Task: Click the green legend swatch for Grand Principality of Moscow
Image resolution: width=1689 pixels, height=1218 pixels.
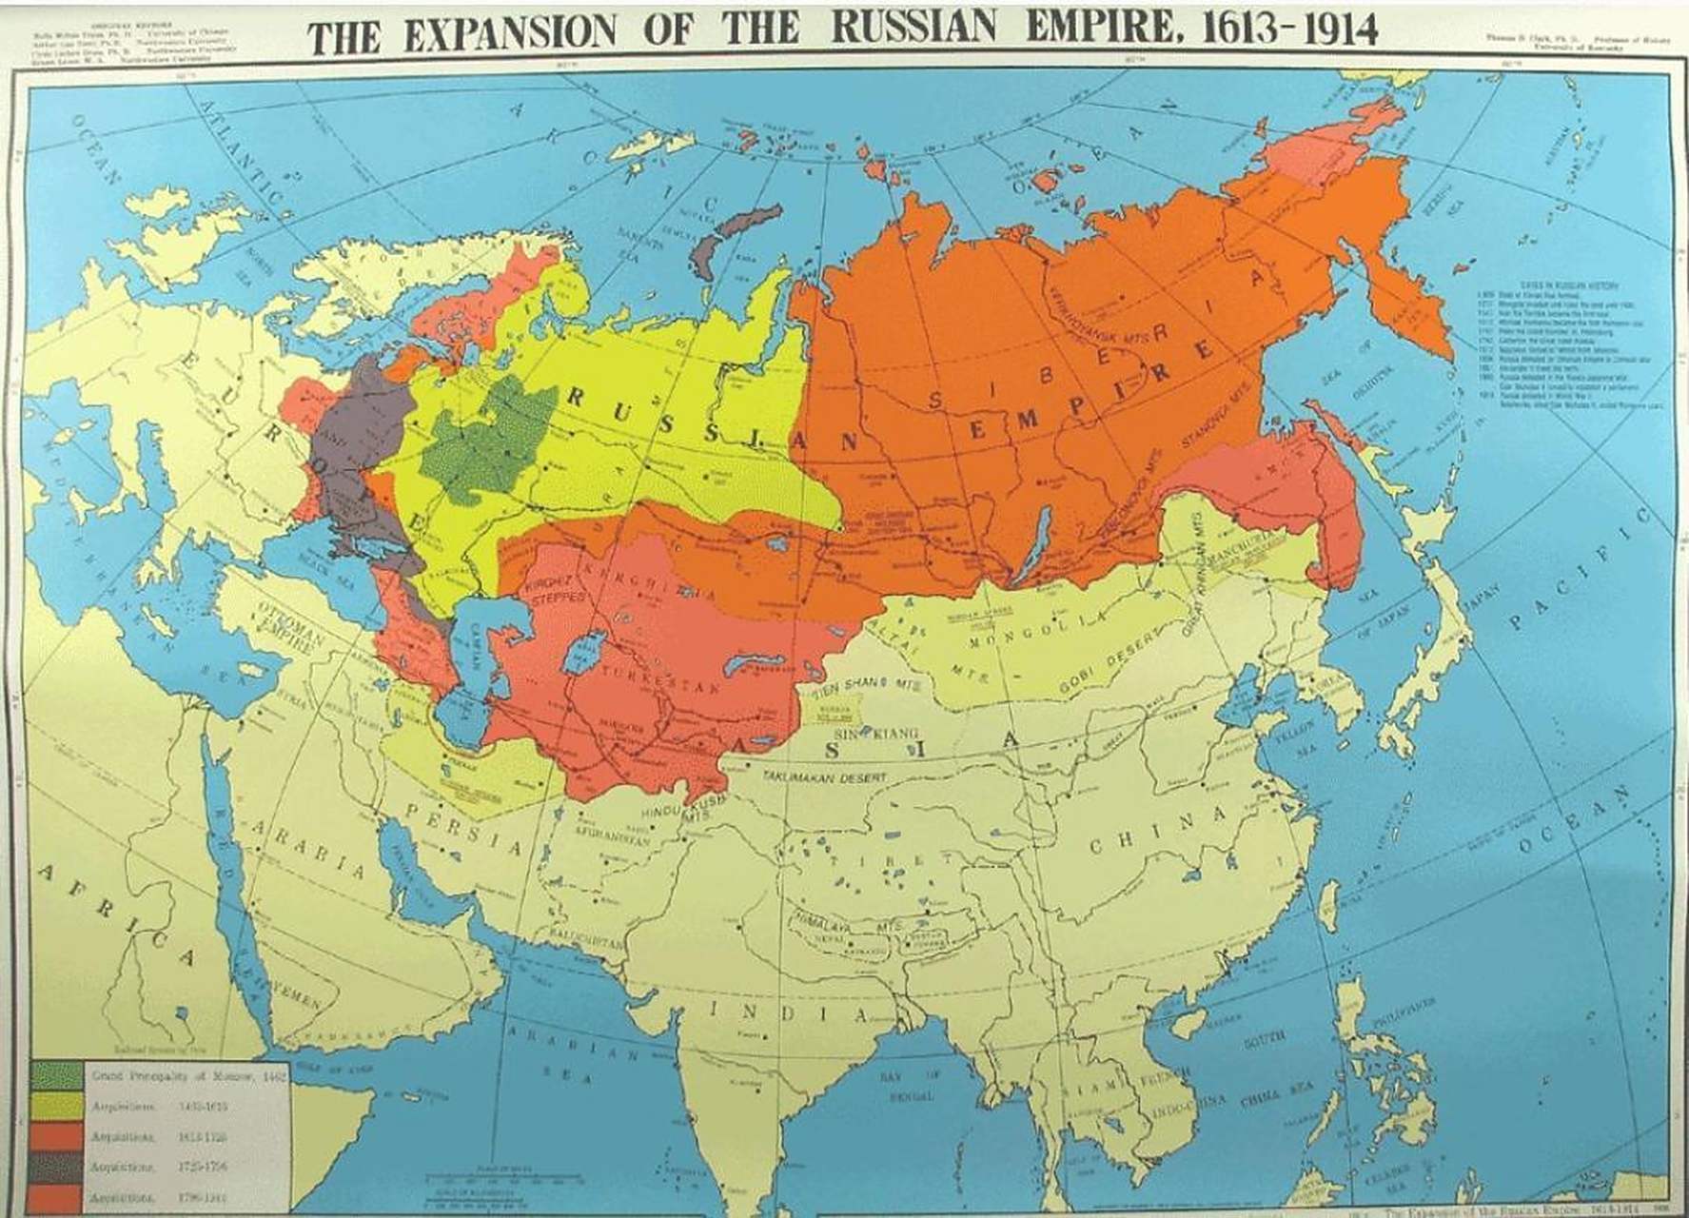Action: point(55,1074)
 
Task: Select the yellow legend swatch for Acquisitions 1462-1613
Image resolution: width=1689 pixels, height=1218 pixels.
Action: point(55,1106)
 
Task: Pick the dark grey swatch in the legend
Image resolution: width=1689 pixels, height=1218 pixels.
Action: point(55,1167)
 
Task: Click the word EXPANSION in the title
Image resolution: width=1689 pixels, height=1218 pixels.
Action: point(509,34)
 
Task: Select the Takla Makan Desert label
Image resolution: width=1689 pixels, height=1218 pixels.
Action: point(823,777)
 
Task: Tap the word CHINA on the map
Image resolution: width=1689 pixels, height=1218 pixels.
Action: point(1157,832)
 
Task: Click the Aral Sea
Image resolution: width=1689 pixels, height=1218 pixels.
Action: point(577,657)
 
